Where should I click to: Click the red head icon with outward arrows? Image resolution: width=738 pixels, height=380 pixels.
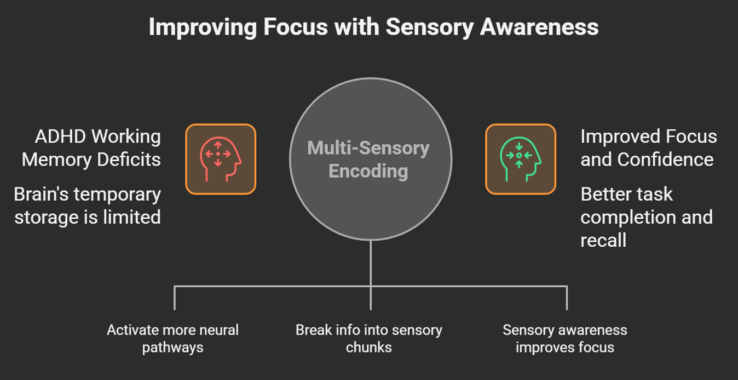pos(221,159)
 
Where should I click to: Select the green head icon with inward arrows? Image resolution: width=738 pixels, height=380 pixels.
pos(521,159)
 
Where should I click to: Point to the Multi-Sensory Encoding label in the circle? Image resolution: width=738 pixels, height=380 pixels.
pos(368,160)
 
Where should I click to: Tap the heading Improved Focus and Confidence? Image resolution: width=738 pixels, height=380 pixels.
pos(648,148)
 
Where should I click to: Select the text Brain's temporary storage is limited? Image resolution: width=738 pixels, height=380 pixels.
pos(88,206)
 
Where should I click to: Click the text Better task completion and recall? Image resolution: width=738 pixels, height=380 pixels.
pos(646,217)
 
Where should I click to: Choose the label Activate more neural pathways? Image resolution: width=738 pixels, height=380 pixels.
pos(172,339)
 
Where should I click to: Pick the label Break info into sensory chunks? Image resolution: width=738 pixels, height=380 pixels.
pos(368,339)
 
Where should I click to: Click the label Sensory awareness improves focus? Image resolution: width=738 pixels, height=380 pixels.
pos(565,339)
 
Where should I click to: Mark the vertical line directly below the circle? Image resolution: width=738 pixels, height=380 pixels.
pos(371,263)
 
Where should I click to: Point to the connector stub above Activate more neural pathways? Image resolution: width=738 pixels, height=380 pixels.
pos(175,298)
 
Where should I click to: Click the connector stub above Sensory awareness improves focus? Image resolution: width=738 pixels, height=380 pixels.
pos(567,298)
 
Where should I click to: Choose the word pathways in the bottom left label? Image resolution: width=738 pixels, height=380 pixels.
pos(172,347)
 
